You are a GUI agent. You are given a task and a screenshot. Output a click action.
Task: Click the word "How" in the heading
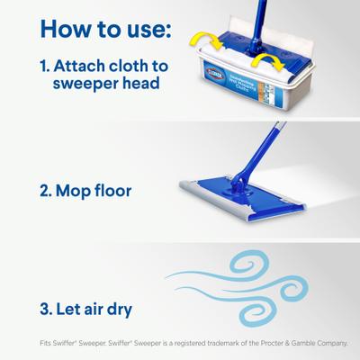click(66, 29)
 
